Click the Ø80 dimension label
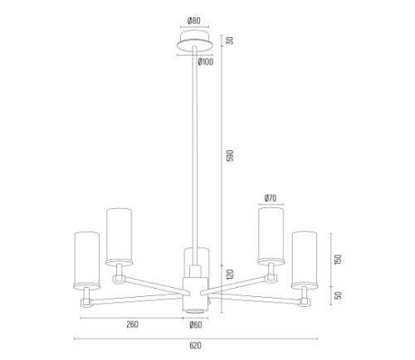click(194, 21)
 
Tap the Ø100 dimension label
click(206, 62)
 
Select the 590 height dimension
click(230, 155)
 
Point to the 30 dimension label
click(230, 41)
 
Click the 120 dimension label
click(230, 274)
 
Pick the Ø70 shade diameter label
click(271, 198)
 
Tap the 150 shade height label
click(338, 260)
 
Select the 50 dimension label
click(338, 295)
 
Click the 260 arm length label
click(132, 324)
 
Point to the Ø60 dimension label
click(196, 325)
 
